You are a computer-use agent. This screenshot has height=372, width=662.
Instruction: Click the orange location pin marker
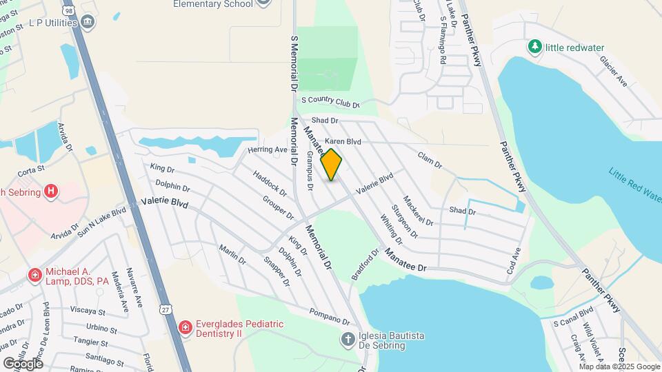[332, 165]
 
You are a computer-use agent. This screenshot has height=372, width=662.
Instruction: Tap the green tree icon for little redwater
[534, 47]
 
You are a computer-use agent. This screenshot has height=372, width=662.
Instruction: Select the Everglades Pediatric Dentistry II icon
[185, 327]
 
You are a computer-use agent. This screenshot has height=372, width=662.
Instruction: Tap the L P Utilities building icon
[88, 23]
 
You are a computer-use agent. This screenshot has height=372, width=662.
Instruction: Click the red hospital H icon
[50, 192]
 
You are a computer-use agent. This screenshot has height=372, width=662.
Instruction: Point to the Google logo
[23, 363]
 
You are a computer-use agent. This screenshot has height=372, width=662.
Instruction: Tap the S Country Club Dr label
[330, 103]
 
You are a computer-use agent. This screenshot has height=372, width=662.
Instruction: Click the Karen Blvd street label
[343, 141]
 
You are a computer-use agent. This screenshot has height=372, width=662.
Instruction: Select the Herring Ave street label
[268, 149]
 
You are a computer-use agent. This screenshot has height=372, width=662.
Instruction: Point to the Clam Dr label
[429, 160]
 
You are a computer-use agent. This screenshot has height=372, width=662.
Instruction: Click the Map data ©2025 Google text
[619, 366]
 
